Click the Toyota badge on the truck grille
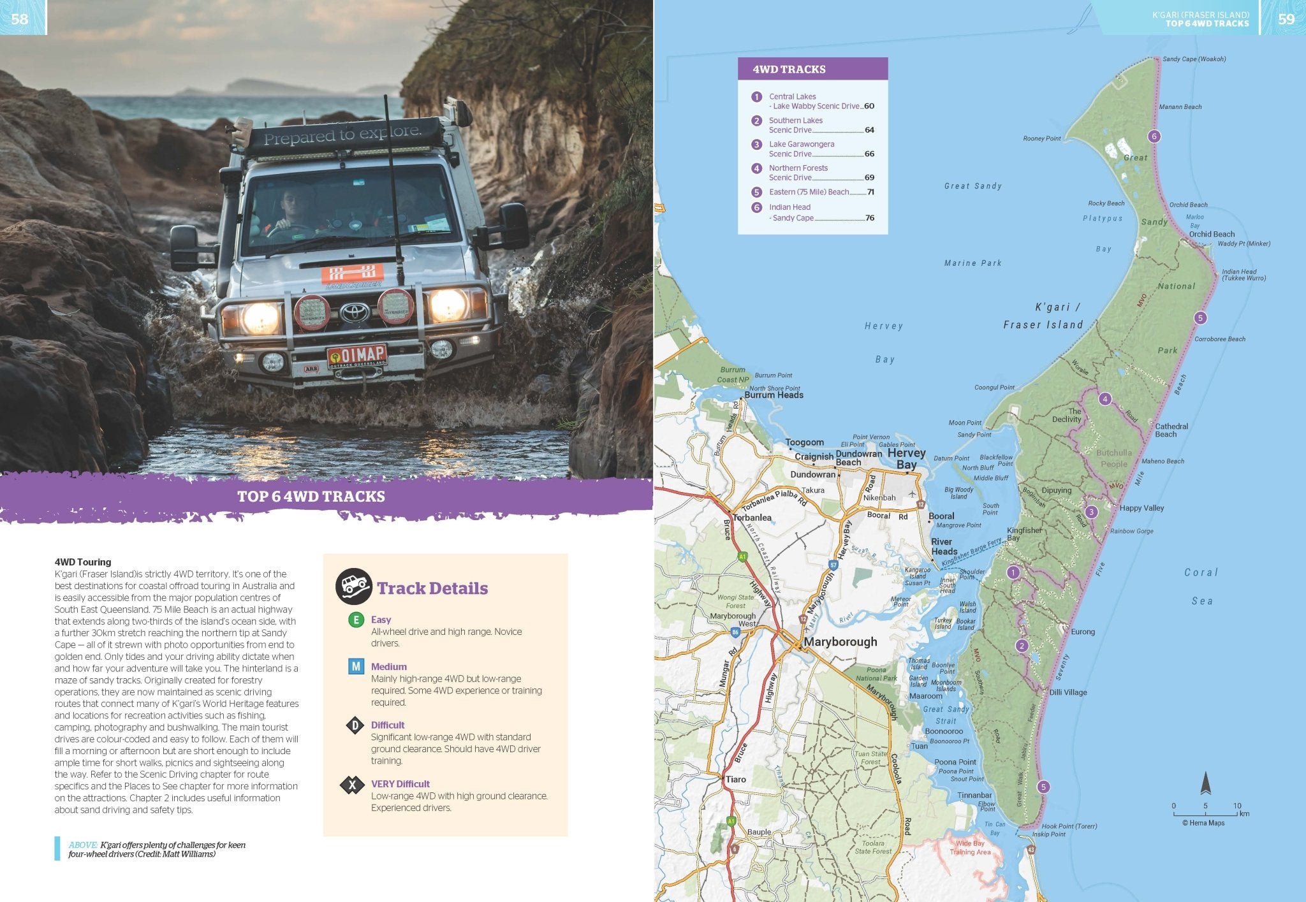click(355, 312)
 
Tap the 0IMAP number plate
click(356, 356)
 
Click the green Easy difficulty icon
click(356, 620)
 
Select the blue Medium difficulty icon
click(355, 667)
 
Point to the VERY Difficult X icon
click(352, 785)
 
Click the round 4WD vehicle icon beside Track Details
click(353, 586)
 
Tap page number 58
click(20, 18)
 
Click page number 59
click(1286, 18)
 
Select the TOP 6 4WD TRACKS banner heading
click(311, 497)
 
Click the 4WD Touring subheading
click(83, 562)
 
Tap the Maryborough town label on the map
click(840, 642)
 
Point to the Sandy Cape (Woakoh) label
click(1194, 59)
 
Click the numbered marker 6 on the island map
click(1153, 136)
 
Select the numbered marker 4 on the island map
click(1105, 399)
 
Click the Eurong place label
click(1083, 632)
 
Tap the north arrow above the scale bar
click(1205, 783)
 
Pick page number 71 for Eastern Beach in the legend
click(870, 192)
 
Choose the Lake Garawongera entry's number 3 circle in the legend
click(756, 145)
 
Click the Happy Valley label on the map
click(1141, 508)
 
